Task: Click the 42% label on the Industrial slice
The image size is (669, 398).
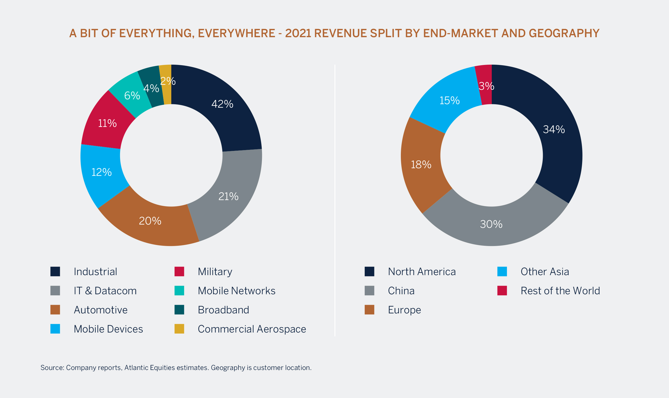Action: click(x=222, y=104)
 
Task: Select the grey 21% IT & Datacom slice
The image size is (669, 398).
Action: click(x=228, y=196)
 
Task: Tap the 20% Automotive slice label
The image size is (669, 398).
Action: click(x=150, y=221)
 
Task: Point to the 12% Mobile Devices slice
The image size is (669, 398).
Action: click(x=101, y=172)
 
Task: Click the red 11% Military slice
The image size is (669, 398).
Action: click(x=107, y=123)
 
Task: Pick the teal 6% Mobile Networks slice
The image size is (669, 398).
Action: click(x=132, y=95)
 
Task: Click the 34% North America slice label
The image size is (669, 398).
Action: click(x=554, y=129)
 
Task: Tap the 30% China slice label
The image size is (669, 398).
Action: click(x=491, y=224)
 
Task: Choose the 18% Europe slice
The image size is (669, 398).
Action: click(x=421, y=164)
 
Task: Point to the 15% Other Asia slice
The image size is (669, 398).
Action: click(x=449, y=101)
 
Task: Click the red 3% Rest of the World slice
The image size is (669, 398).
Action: click(x=486, y=86)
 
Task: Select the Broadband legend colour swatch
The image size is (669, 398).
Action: click(x=179, y=310)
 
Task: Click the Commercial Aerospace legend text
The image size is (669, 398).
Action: click(x=252, y=329)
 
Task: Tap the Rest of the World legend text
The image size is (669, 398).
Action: click(x=560, y=291)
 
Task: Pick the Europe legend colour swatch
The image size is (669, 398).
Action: click(x=369, y=310)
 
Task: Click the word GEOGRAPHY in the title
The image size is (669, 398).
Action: click(x=564, y=33)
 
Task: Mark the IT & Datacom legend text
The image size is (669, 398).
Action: click(x=105, y=291)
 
